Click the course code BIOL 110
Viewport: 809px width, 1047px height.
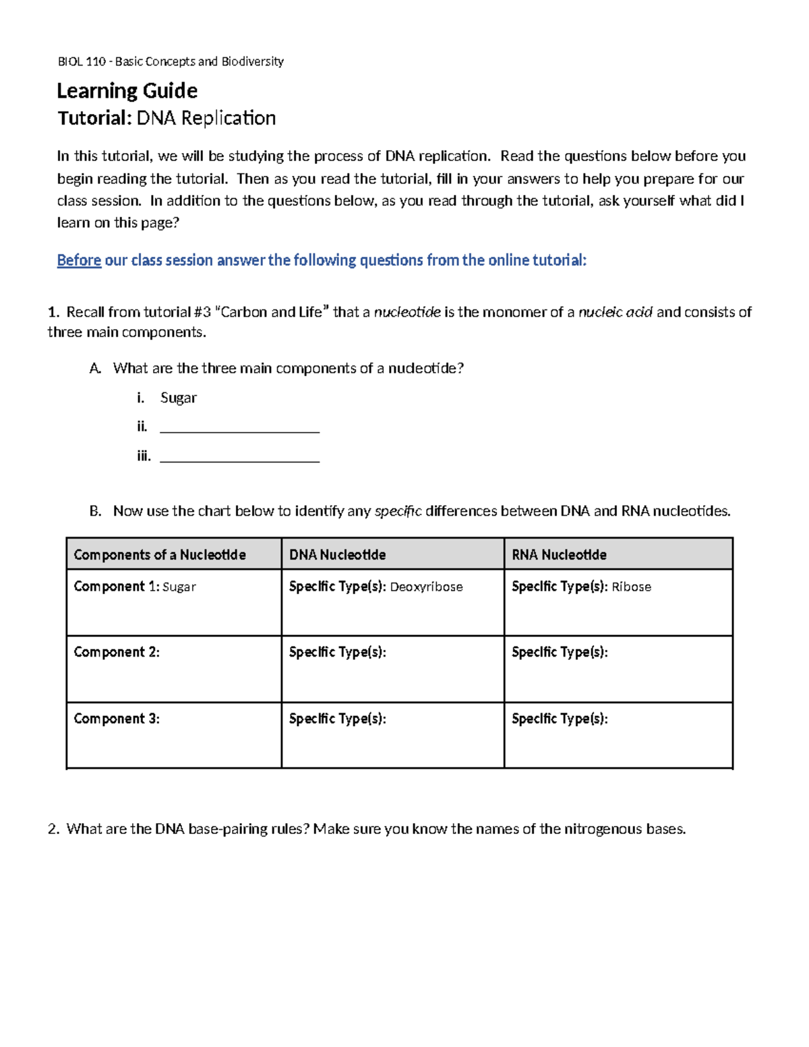(x=82, y=61)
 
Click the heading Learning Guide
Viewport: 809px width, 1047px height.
(x=127, y=90)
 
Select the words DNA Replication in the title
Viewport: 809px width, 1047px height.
(x=206, y=118)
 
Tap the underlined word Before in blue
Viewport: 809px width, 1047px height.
(x=79, y=260)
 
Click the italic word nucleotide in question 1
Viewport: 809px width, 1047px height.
(x=407, y=311)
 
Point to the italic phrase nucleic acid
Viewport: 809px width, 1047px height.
(x=616, y=311)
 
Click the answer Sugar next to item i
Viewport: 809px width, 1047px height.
(x=178, y=398)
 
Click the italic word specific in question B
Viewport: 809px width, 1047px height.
(x=398, y=511)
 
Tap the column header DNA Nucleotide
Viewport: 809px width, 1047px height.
(x=337, y=555)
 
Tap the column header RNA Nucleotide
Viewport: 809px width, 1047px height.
(x=559, y=555)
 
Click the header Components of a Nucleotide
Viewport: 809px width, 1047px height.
(x=160, y=555)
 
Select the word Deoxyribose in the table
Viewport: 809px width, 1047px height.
(x=426, y=587)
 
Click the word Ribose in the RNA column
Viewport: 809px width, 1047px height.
(x=631, y=587)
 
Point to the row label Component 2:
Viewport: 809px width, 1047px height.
(x=117, y=652)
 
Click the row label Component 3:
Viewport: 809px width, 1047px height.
(x=117, y=719)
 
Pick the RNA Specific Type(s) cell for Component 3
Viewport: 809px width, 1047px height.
(x=618, y=735)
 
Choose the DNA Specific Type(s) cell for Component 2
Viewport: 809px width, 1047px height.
(x=392, y=669)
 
